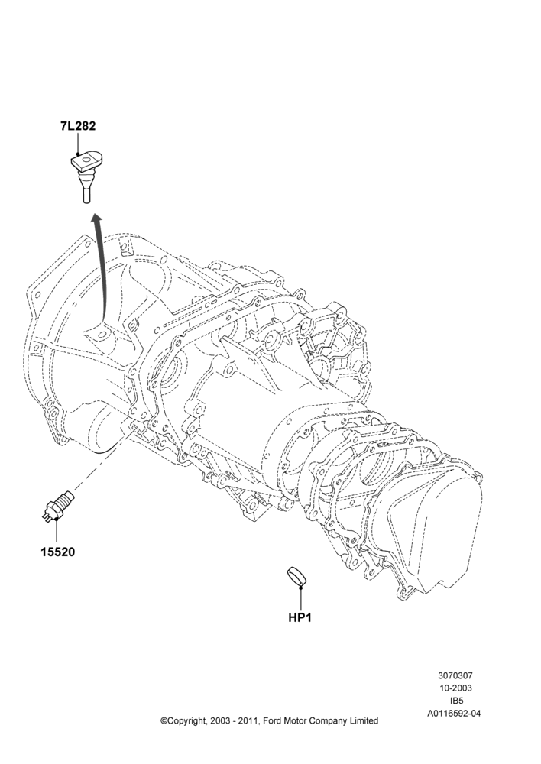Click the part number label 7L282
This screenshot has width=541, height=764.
[x=78, y=126]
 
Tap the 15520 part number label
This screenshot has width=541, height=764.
[x=57, y=552]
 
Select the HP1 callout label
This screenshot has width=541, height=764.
[x=300, y=617]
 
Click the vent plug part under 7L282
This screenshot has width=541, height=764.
[x=88, y=176]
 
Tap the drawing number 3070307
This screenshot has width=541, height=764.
[x=455, y=676]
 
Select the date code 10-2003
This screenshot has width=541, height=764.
[x=455, y=688]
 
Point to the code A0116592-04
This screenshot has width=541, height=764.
[x=454, y=714]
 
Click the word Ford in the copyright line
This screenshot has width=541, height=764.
[x=272, y=720]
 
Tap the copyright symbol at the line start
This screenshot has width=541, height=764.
[x=164, y=720]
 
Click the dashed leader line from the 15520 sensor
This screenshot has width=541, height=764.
[x=103, y=456]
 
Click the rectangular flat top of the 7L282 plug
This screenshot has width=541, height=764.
[x=87, y=160]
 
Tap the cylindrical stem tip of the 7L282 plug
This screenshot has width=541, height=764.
[x=87, y=197]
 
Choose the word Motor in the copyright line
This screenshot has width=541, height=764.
[x=295, y=720]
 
